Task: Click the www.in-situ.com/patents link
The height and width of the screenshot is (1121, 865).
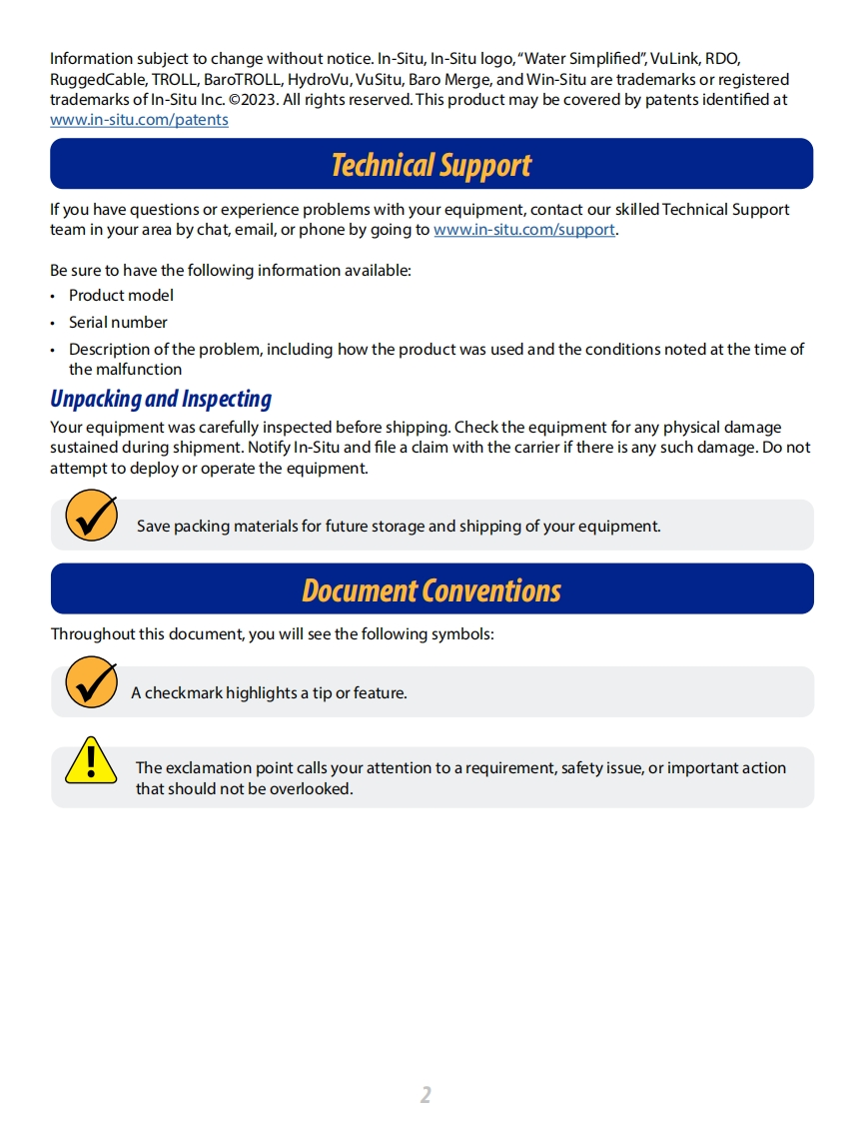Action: [x=139, y=120]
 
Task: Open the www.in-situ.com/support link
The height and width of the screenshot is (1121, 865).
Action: [x=524, y=230]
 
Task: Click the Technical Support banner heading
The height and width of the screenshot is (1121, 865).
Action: [x=432, y=165]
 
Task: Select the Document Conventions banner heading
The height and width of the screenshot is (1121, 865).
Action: [x=432, y=590]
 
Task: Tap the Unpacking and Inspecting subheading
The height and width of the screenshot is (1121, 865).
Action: [x=161, y=399]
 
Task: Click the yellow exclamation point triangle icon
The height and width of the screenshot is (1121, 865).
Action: [x=91, y=760]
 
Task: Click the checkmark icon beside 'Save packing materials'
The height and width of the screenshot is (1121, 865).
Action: [x=91, y=516]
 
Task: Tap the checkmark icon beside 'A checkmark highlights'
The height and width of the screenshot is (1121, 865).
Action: [x=91, y=682]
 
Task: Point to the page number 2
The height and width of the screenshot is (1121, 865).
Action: [x=426, y=1094]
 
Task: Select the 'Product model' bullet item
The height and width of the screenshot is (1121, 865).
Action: [x=121, y=296]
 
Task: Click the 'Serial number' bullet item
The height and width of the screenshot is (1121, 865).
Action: [x=118, y=323]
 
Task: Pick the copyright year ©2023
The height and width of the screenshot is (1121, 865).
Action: [x=255, y=100]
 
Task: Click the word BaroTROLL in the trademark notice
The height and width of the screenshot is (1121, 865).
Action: [x=236, y=80]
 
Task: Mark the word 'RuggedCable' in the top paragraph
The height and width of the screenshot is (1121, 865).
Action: [x=97, y=80]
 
